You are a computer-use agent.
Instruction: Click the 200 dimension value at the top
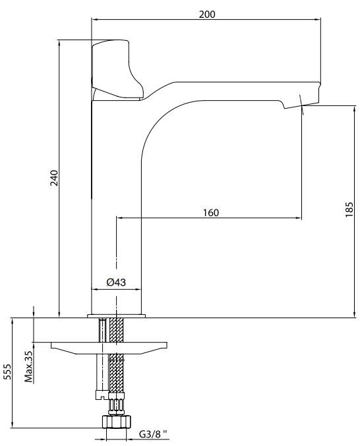click(207, 14)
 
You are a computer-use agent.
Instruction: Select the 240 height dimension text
click(54, 178)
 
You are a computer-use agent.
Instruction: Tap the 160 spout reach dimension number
click(211, 213)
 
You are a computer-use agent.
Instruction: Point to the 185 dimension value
click(349, 209)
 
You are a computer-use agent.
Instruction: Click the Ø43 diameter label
click(116, 282)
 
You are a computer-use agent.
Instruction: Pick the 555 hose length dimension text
click(8, 372)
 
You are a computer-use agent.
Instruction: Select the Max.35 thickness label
click(28, 367)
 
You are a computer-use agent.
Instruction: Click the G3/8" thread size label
click(154, 434)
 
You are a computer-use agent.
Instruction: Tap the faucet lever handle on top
click(117, 70)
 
